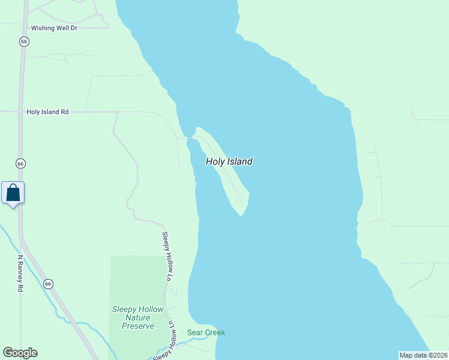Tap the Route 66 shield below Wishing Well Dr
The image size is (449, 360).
23,41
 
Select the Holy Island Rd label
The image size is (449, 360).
47,112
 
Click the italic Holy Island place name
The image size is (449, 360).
229,161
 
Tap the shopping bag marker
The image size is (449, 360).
13,193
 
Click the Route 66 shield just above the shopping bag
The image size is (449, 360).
21,164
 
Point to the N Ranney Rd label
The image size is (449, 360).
20,274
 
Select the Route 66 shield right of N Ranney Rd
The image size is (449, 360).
49,283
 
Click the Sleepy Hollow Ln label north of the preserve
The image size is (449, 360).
166,256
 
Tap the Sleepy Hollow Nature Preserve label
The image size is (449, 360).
138,317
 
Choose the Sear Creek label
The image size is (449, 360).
206,332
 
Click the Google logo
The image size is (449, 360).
20,353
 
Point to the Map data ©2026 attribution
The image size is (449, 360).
423,355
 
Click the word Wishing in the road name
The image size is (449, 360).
43,28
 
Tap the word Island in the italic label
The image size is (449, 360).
240,161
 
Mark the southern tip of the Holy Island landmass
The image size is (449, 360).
241,215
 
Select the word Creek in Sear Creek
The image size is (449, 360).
214,332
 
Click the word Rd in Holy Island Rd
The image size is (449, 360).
64,112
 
